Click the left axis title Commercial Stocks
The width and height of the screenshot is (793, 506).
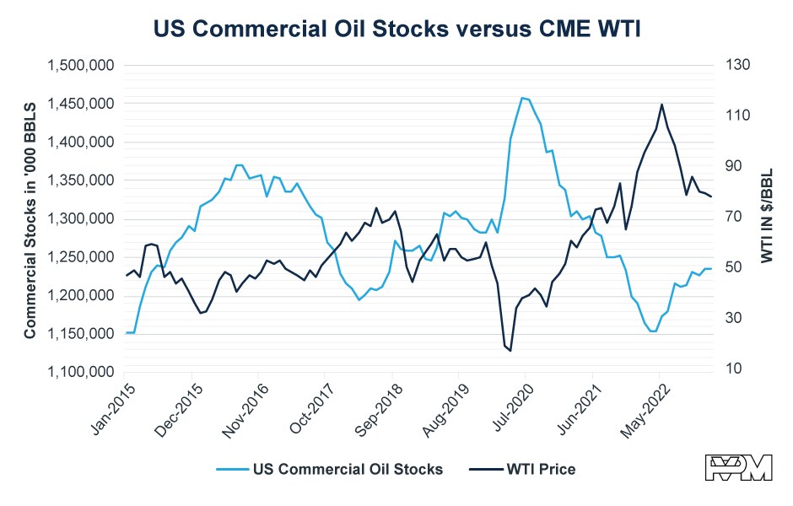(x=30, y=218)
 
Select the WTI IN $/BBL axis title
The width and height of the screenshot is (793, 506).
(x=767, y=218)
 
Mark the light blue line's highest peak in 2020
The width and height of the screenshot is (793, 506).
(x=522, y=98)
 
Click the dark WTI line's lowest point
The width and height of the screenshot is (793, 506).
(x=510, y=350)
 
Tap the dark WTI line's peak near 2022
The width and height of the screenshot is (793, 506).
(x=661, y=105)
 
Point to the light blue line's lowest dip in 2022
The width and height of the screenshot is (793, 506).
(x=652, y=331)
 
